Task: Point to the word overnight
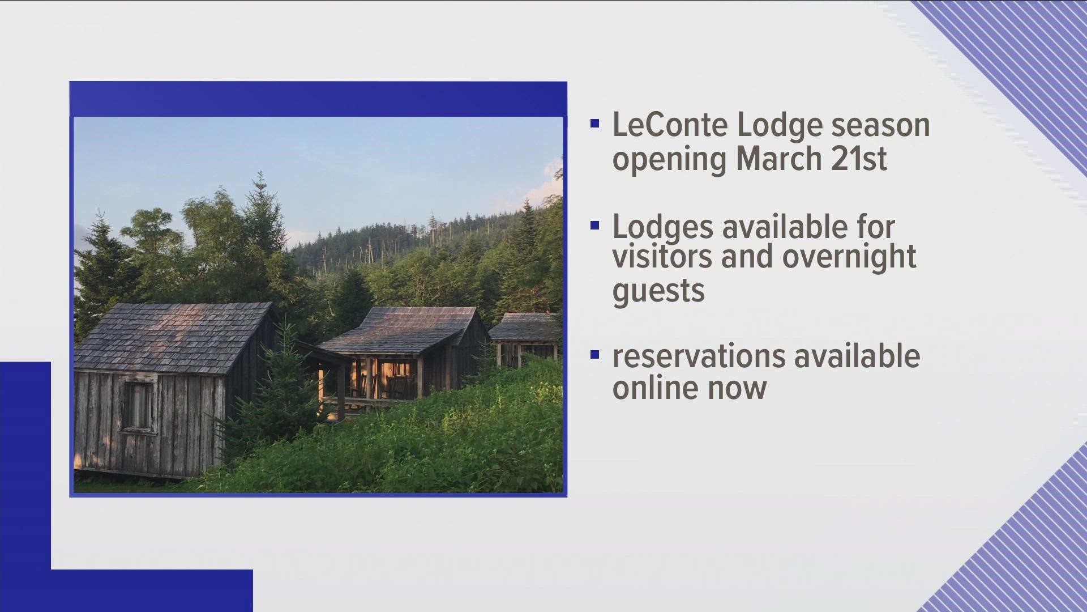click(849, 257)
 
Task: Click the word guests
click(658, 290)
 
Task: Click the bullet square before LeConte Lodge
click(594, 124)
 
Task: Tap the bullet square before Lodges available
click(594, 226)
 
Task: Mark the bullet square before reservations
click(594, 355)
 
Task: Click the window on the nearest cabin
click(138, 406)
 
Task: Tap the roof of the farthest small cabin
click(524, 327)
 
